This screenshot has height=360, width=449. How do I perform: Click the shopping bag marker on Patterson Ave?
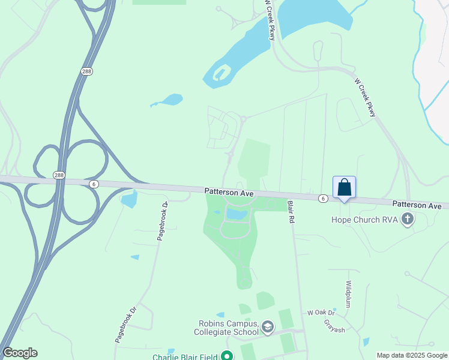pyautogui.click(x=344, y=187)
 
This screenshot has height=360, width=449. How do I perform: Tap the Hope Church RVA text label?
pyautogui.click(x=365, y=220)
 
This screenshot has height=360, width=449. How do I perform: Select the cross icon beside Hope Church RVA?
pyautogui.click(x=408, y=219)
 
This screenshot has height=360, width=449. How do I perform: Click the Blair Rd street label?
pyautogui.click(x=291, y=212)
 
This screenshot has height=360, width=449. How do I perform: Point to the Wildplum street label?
pyautogui.click(x=348, y=292)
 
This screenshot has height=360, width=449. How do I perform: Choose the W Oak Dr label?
pyautogui.click(x=321, y=313)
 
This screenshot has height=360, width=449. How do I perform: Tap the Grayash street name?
pyautogui.click(x=334, y=325)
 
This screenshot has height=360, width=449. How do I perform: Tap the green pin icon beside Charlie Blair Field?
pyautogui.click(x=226, y=356)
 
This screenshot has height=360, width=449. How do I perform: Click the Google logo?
pyautogui.click(x=20, y=353)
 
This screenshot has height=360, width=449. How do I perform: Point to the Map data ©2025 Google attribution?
pyautogui.click(x=412, y=355)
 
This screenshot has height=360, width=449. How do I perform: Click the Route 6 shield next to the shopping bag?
pyautogui.click(x=323, y=198)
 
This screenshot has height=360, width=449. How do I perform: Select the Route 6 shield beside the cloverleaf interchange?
pyautogui.click(x=94, y=184)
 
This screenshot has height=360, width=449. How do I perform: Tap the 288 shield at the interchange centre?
pyautogui.click(x=58, y=175)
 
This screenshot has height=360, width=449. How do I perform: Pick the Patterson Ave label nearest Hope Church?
pyautogui.click(x=420, y=205)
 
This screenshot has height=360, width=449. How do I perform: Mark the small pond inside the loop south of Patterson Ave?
pyautogui.click(x=236, y=214)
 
